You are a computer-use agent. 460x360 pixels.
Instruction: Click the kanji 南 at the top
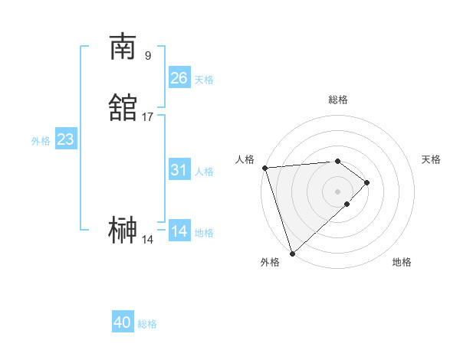pyautogui.click(x=123, y=47)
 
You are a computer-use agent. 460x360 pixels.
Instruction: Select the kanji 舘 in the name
pyautogui.click(x=123, y=108)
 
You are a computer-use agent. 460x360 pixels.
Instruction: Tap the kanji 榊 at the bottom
pyautogui.click(x=123, y=230)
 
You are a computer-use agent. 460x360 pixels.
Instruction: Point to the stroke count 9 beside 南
pyautogui.click(x=147, y=55)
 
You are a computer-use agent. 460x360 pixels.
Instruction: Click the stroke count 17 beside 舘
pyautogui.click(x=147, y=116)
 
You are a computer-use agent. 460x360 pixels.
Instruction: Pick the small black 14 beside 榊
pyautogui.click(x=147, y=239)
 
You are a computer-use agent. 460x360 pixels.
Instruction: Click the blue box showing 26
pyautogui.click(x=179, y=78)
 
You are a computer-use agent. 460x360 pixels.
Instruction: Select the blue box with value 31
pyautogui.click(x=179, y=170)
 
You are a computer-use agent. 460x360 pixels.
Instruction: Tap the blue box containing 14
pyautogui.click(x=179, y=231)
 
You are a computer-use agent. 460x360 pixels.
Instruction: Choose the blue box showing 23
pyautogui.click(x=65, y=139)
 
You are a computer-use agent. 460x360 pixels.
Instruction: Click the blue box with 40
pyautogui.click(x=123, y=323)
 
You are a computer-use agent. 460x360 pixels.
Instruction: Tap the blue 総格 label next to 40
pyautogui.click(x=147, y=324)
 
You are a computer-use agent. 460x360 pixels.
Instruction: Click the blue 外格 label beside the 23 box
pyautogui.click(x=41, y=140)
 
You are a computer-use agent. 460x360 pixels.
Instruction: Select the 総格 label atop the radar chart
pyautogui.click(x=338, y=100)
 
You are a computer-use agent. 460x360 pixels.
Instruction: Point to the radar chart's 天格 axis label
pyautogui.click(x=431, y=159)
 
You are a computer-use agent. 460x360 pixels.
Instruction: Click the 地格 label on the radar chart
pyautogui.click(x=402, y=263)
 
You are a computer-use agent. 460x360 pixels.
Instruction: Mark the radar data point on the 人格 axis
pyautogui.click(x=264, y=168)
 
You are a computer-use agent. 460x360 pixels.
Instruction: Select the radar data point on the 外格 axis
pyautogui.click(x=292, y=252)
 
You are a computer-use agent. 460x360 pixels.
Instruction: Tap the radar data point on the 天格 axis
pyautogui.click(x=367, y=182)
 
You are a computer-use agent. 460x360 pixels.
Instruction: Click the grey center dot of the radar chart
pyautogui.click(x=337, y=191)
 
